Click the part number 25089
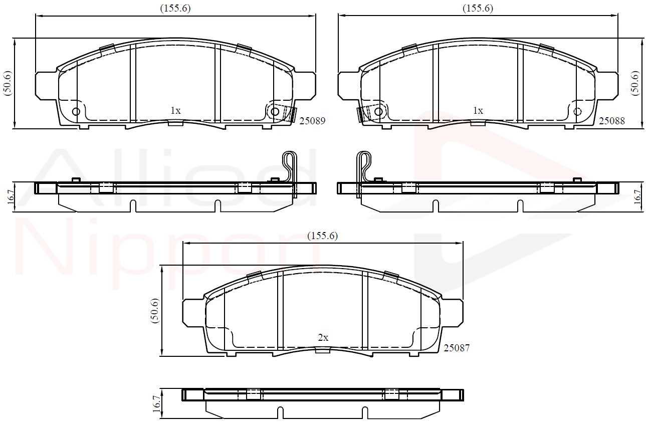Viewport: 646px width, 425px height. [312, 121]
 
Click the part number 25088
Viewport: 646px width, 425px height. [612, 121]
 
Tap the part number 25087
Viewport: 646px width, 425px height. [457, 348]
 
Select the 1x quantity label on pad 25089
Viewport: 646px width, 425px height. [175, 110]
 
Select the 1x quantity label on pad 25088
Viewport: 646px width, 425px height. [478, 110]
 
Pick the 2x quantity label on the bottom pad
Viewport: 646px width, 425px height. [323, 337]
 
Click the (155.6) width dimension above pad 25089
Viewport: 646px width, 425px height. [175, 9]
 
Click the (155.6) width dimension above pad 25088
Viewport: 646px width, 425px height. [478, 9]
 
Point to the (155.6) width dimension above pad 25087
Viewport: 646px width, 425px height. [322, 236]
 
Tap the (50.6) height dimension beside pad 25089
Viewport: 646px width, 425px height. [8, 83]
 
